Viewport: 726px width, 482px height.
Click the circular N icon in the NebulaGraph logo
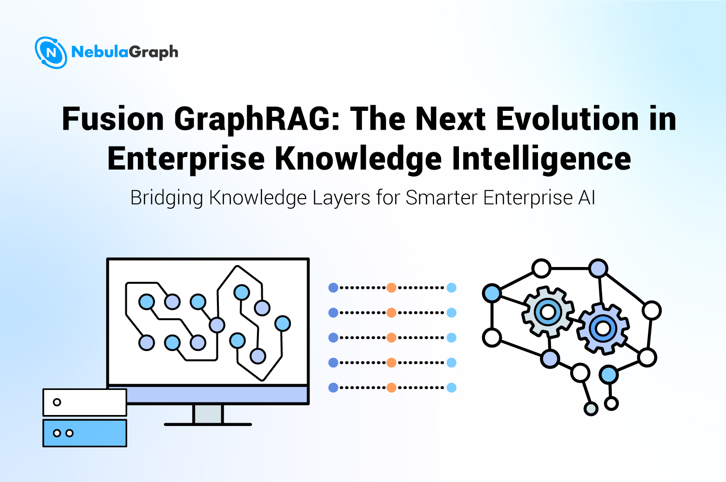(x=51, y=53)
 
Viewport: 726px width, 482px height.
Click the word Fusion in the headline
(x=113, y=119)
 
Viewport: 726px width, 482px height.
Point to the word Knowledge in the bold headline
(x=358, y=159)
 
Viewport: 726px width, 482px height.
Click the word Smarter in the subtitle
(x=442, y=198)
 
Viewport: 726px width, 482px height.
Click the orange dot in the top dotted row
(x=391, y=288)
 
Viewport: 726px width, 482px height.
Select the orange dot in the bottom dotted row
(x=391, y=388)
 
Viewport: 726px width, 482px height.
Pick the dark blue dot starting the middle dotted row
(x=333, y=338)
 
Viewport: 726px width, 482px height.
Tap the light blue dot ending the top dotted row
(x=451, y=288)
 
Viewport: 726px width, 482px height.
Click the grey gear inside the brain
(x=548, y=312)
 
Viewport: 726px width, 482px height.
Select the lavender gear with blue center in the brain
(x=603, y=329)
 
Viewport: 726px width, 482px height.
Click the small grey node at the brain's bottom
(x=591, y=409)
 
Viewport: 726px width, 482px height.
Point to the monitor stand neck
(x=208, y=414)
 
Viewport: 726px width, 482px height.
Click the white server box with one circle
(x=85, y=402)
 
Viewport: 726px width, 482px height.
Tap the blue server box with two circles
(x=85, y=433)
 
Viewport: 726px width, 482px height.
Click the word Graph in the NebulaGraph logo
(x=154, y=52)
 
